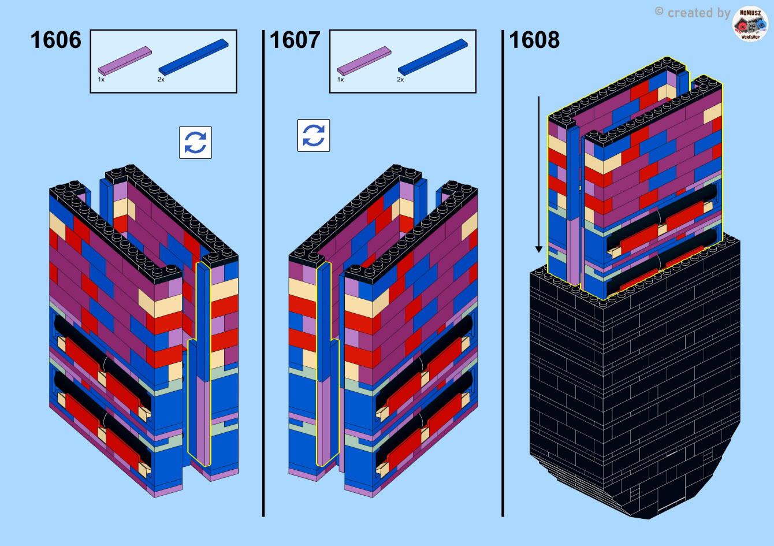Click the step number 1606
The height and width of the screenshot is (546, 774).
coord(55,40)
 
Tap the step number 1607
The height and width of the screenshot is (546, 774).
coord(295,40)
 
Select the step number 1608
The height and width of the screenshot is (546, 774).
coord(534,40)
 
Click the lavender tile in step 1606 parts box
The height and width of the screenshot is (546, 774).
coord(125,61)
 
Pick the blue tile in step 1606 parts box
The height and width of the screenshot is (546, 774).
coord(193,57)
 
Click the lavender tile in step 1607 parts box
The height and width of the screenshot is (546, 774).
coord(364,61)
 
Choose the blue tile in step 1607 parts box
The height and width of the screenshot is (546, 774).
coord(433,57)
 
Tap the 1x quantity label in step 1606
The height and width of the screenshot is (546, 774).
coord(101,80)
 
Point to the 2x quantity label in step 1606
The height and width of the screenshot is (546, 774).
coord(161,80)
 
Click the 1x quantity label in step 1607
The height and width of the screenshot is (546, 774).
coord(340,80)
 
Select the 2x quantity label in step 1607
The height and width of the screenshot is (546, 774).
coord(400,80)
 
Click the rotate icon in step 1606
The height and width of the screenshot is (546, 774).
coord(196,142)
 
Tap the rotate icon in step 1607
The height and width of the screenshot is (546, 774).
coord(314,135)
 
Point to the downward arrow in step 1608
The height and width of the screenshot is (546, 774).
coord(539,174)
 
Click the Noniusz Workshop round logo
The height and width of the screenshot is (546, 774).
coord(750,24)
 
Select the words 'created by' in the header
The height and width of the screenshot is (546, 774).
coord(699,13)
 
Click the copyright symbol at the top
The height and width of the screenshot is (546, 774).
coord(659,12)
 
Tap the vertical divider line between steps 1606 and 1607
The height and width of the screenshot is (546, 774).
coord(263,273)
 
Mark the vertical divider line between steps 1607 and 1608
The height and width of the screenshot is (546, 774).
coord(503,273)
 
